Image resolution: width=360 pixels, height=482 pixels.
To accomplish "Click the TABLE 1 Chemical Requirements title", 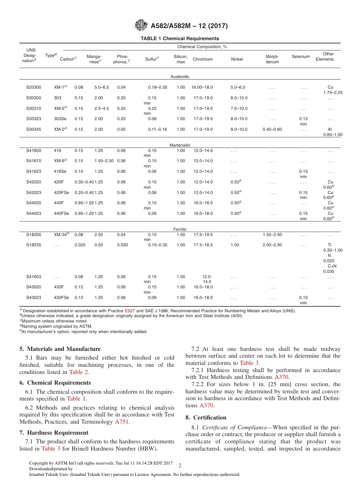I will [180, 39].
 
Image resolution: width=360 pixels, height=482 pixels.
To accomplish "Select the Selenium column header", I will [301, 57].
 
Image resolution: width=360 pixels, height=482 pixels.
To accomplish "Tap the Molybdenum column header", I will [272, 59].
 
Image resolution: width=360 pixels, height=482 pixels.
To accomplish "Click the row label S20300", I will [34, 88].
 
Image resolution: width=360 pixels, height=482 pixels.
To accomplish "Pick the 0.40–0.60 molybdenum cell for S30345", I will [272, 130].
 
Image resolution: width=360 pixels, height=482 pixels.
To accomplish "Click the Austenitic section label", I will [180, 77].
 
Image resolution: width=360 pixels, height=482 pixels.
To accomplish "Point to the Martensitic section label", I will [180, 145].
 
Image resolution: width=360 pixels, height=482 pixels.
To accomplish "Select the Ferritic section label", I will [180, 229].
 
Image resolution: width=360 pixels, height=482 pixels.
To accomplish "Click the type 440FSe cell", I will [61, 214].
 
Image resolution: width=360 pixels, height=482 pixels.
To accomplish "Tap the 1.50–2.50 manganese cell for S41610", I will [104, 161].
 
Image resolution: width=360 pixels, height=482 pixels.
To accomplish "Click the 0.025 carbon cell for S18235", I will [80, 245].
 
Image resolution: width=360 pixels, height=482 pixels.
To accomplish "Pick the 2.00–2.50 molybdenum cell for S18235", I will [272, 245].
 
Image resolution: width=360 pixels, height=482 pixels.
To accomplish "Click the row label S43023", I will [34, 298].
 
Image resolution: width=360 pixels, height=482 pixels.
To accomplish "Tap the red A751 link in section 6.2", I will [122, 422].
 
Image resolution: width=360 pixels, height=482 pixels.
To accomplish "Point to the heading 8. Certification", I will [206, 418].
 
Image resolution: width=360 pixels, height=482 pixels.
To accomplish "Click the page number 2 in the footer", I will [180, 465].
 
